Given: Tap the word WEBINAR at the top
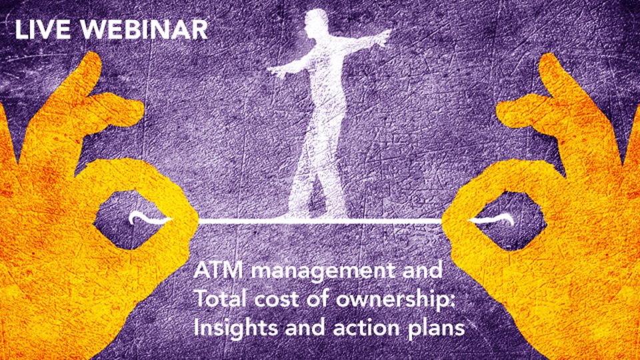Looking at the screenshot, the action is [144, 29].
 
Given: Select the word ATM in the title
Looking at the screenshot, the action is [219, 270].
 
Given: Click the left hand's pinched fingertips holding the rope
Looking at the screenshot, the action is [184, 221].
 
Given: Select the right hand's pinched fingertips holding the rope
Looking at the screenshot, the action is [455, 221].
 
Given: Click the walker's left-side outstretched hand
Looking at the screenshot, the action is [277, 72].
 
